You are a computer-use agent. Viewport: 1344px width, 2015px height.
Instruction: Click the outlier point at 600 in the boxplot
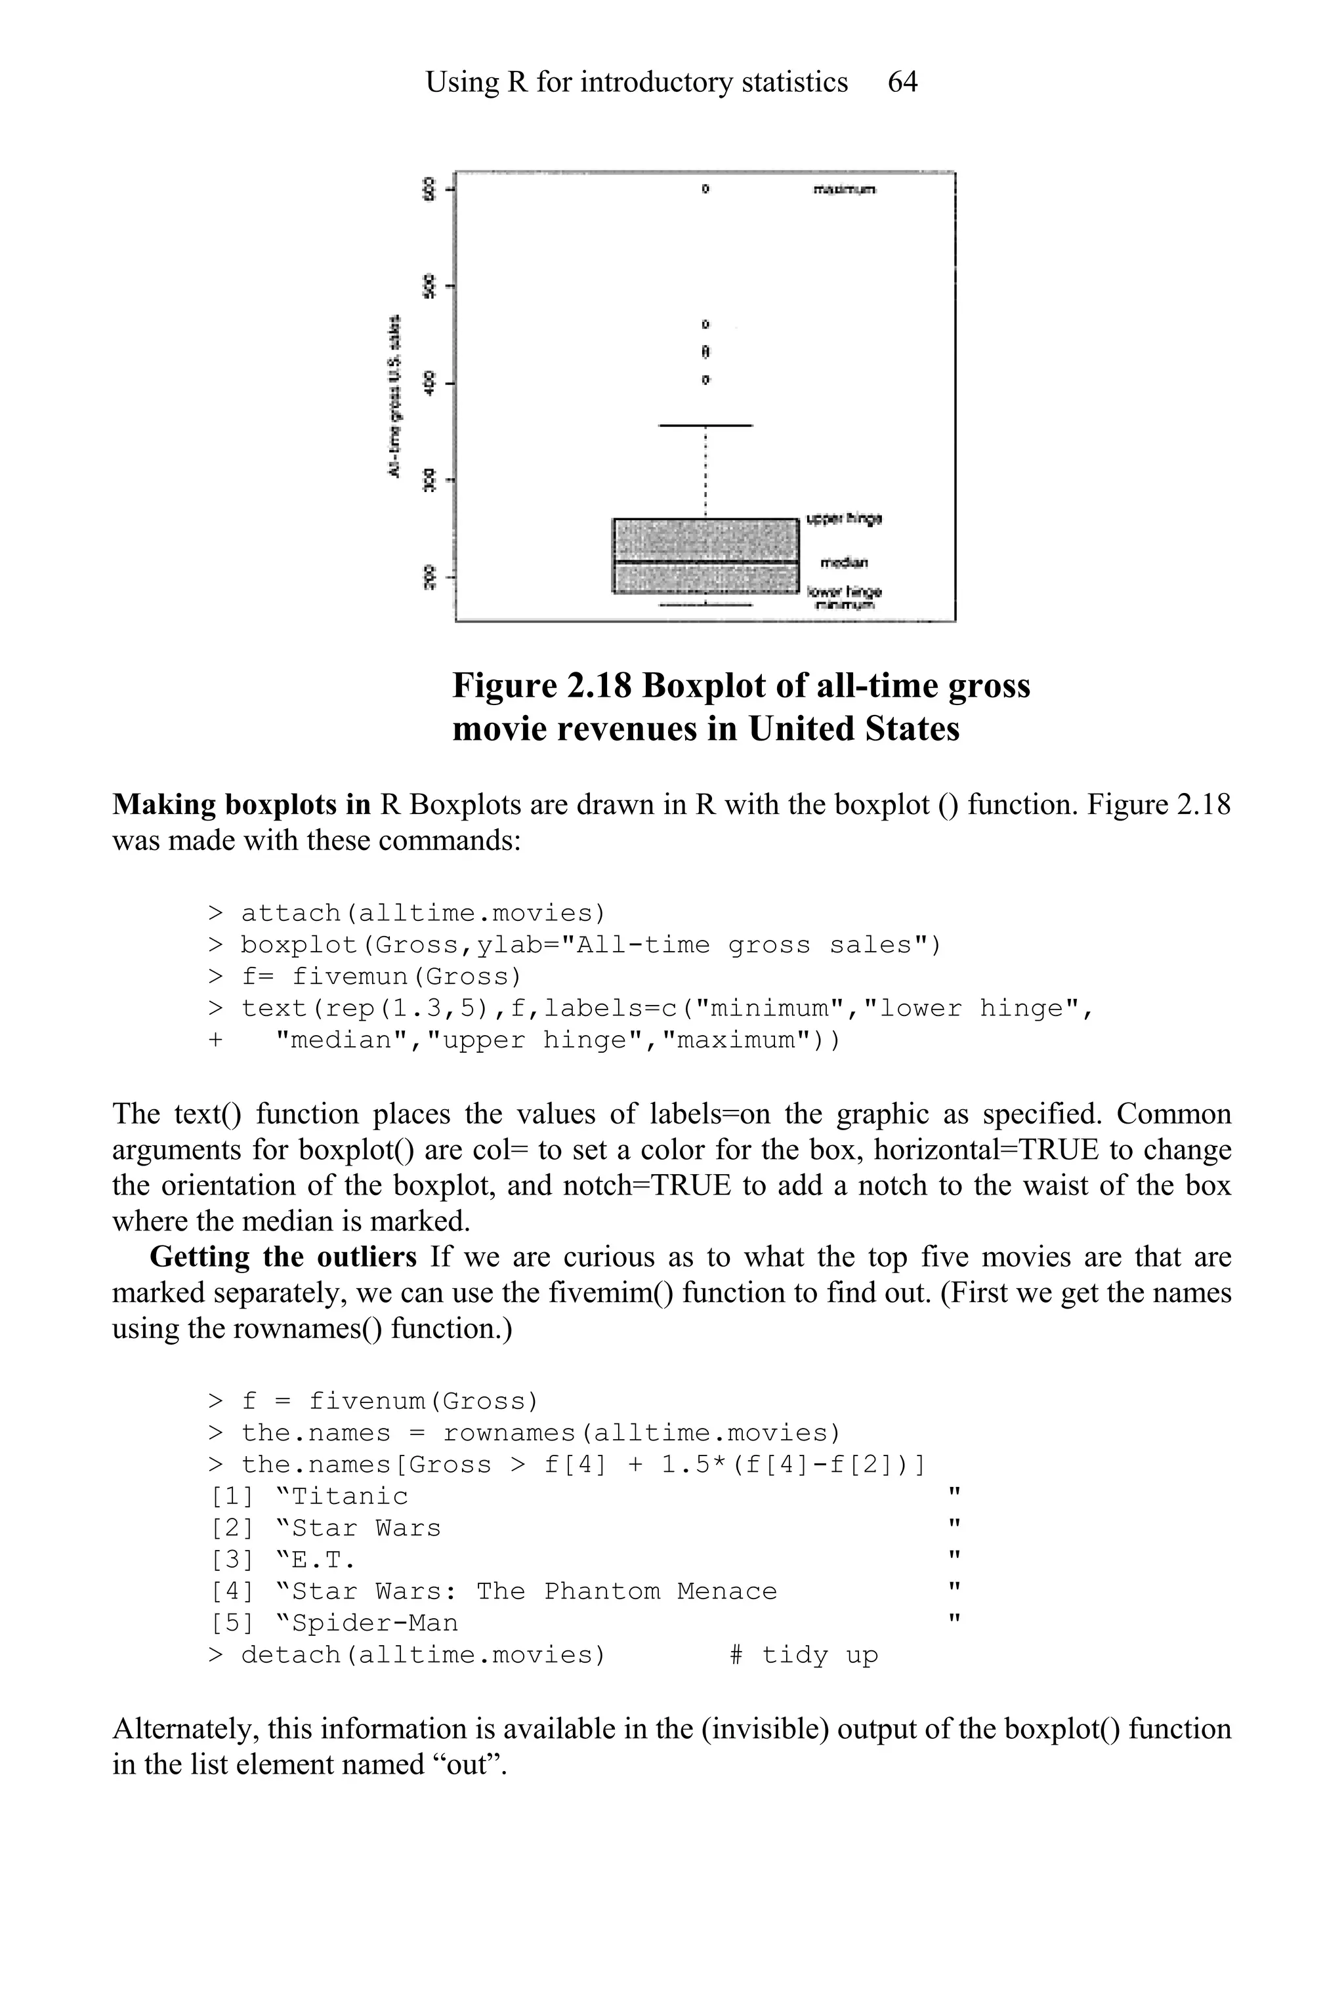click(705, 188)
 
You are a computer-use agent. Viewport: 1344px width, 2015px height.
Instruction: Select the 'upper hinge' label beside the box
click(845, 518)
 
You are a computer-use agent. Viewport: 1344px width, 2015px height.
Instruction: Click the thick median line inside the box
click(705, 562)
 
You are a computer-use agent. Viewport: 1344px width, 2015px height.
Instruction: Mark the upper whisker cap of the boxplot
click(705, 425)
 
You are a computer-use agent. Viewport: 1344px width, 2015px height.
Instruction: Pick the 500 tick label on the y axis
click(429, 286)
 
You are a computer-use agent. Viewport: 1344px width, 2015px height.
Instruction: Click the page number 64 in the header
click(902, 82)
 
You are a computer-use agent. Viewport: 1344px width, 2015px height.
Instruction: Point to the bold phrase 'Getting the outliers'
click(283, 1257)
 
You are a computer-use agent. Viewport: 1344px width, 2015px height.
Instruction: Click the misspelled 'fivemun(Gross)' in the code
click(407, 977)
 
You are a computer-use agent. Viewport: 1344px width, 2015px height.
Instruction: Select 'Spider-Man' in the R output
click(375, 1623)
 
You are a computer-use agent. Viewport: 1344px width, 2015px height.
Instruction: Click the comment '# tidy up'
click(804, 1655)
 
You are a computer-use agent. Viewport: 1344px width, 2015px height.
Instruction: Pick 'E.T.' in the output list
click(323, 1560)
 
